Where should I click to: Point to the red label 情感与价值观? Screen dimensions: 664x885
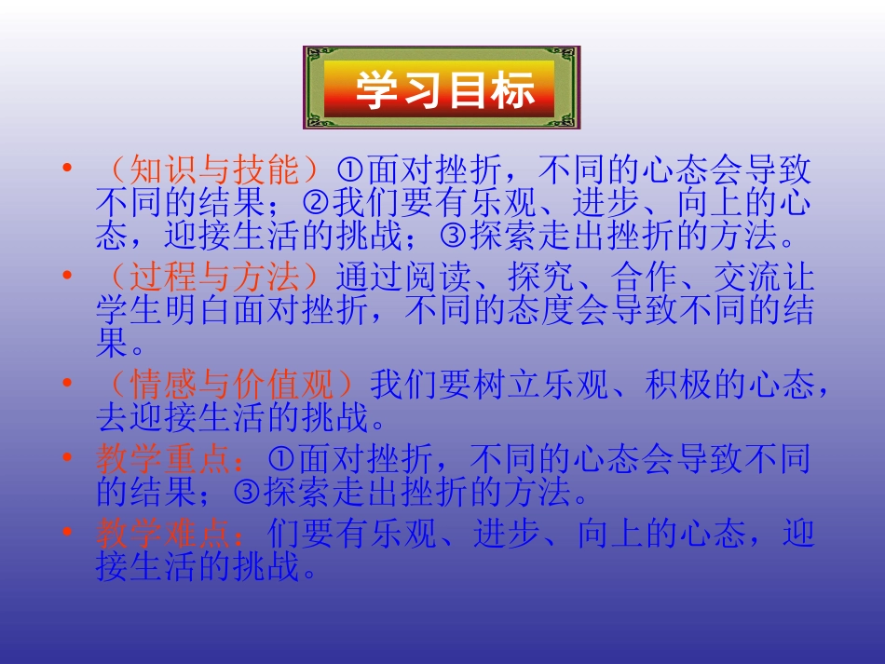232,385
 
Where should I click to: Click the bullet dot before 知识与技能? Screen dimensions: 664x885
66,169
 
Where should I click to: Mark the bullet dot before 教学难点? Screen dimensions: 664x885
66,533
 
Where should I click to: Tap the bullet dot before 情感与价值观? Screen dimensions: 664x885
66,383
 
